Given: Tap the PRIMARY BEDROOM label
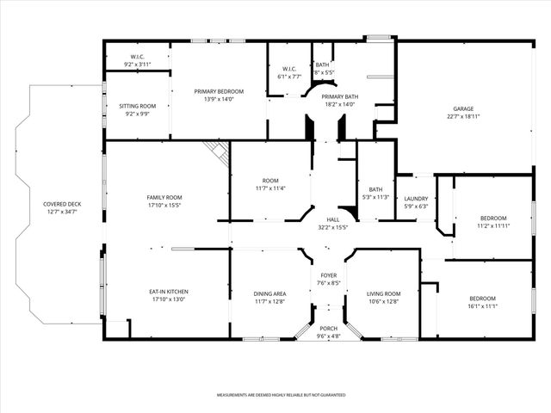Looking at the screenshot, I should pos(219,91).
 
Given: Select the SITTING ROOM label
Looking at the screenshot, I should pos(138,106).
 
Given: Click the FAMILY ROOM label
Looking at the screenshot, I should pos(164,198).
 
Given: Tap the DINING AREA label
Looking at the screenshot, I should pos(269,294).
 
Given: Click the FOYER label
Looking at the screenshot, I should pos(329,275).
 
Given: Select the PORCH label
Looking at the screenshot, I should pos(329,329).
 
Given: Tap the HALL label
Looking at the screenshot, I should pos(332,219).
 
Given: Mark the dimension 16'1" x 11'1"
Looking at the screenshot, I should pos(483,305).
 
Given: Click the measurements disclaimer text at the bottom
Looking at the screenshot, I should pos(281,394).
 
